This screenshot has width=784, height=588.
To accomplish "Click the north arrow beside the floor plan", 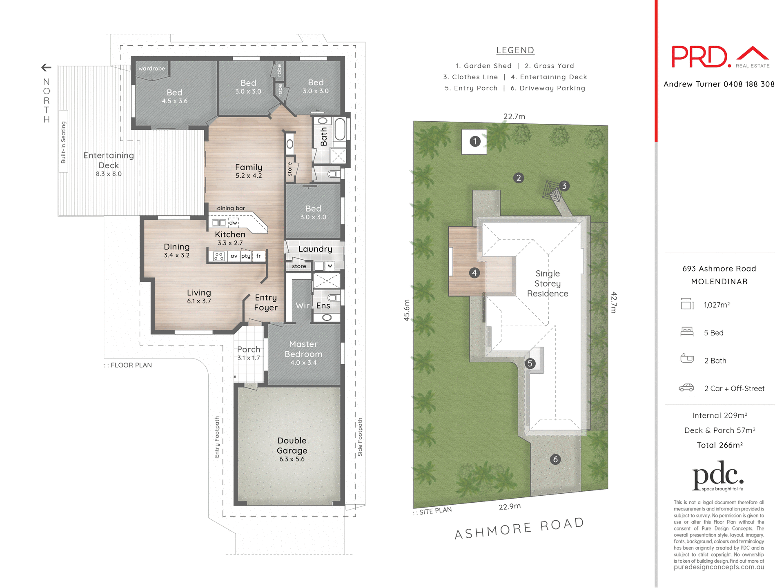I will tap(46, 67).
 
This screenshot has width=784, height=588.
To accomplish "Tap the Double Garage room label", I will tap(292, 445).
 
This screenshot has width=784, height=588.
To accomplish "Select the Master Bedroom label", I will tap(303, 349).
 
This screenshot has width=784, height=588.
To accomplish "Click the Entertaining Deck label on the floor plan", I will tap(109, 160).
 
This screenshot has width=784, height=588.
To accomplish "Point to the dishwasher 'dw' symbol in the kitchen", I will tap(233, 223).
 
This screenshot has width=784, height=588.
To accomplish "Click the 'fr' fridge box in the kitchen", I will tap(258, 256).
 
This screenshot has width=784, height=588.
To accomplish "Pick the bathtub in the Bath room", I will tap(340, 129).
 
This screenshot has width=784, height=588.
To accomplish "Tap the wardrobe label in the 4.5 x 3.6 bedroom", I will tap(151, 69).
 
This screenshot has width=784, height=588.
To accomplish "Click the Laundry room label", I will tap(315, 249).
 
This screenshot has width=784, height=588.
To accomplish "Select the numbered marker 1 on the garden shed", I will tap(474, 142).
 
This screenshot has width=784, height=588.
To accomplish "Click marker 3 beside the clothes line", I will tap(564, 186).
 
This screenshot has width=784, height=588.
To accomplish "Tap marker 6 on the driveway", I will tap(555, 459).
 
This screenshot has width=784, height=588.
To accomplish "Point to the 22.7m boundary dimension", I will tap(514, 117).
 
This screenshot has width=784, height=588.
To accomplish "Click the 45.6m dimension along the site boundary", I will tap(407, 310).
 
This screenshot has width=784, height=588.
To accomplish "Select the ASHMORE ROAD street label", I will tap(519, 528).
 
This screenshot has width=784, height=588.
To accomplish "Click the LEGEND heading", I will tap(515, 50).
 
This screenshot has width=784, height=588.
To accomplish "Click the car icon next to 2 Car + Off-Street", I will tap(686, 388).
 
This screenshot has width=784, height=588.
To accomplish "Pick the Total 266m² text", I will tap(719, 445).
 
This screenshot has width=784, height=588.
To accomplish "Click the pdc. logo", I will tap(718, 475).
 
